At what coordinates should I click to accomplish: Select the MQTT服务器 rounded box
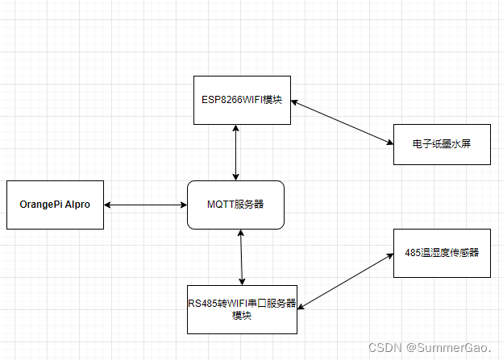coord(235,205)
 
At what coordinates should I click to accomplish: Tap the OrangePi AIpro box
coord(55,205)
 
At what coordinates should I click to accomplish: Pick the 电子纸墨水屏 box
coord(441,144)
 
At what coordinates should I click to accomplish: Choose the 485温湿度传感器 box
coord(442,252)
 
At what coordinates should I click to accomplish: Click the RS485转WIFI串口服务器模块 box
coord(243,309)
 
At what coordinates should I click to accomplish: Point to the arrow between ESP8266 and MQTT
coord(235,152)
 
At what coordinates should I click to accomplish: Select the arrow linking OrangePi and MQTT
coord(145,205)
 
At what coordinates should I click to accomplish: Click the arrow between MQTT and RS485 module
coord(240,257)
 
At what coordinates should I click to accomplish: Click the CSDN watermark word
coord(385,348)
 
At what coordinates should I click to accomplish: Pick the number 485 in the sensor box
coord(413,252)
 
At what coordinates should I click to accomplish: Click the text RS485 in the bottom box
coord(202,304)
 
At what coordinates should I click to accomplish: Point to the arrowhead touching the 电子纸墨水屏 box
coord(389,144)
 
